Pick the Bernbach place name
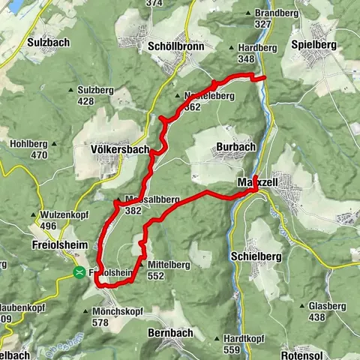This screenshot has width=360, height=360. pyautogui.click(x=171, y=332)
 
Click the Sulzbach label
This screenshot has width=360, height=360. pyautogui.click(x=48, y=42)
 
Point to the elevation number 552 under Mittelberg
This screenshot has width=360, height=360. pyautogui.click(x=156, y=276)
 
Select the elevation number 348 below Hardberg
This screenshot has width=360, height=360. pyautogui.click(x=262, y=58)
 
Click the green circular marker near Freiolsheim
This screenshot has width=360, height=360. pyautogui.click(x=79, y=273)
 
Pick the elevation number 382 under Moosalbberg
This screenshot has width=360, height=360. pyautogui.click(x=133, y=211)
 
